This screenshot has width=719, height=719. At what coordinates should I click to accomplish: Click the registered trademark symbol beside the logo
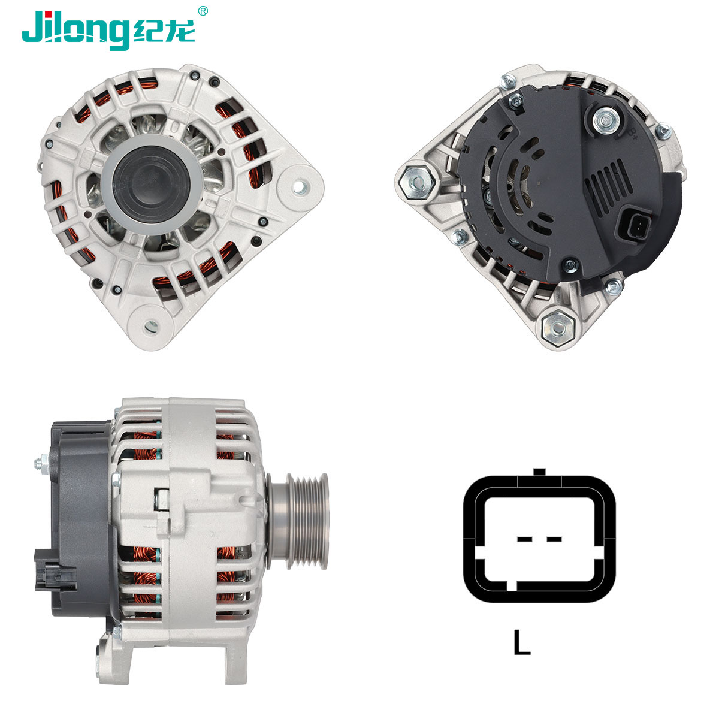click(203, 11)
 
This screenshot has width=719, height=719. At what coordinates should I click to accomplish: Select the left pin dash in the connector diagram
click(525, 539)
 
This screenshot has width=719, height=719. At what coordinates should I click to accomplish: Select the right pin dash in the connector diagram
click(554, 539)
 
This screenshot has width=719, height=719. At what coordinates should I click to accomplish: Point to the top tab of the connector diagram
click(539, 472)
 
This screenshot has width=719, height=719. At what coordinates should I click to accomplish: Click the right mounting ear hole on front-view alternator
click(299, 187)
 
